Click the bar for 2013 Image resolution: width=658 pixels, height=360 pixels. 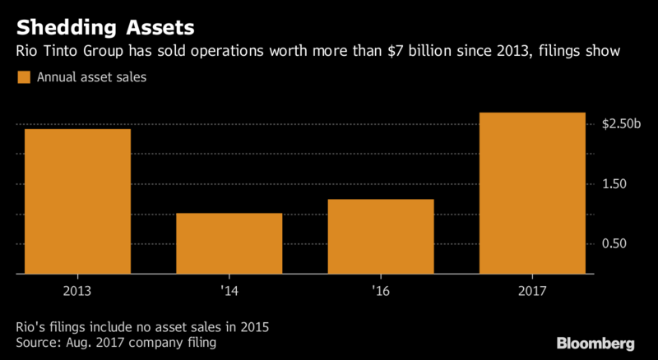[77, 201]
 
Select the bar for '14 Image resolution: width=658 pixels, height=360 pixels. [229, 243]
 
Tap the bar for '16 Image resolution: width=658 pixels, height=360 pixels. [380, 237]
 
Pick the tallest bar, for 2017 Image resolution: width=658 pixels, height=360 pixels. [532, 193]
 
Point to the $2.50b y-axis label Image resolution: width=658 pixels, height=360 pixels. [621, 124]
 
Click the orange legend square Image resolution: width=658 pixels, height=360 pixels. [22, 78]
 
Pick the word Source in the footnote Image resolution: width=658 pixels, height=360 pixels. [37, 341]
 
